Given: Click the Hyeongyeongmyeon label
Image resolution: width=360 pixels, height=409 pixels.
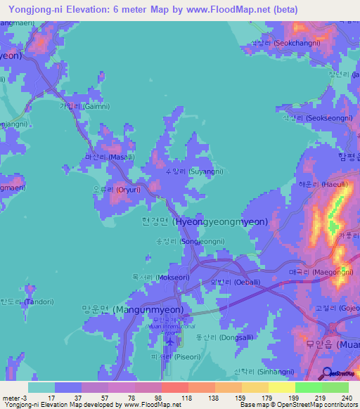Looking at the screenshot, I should [x=204, y=221].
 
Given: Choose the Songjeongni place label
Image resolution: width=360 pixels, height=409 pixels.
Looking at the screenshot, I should [x=195, y=241].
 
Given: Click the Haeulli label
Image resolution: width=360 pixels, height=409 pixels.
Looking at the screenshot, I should [x=323, y=183].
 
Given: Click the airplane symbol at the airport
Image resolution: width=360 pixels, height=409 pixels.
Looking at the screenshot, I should [x=170, y=342].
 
